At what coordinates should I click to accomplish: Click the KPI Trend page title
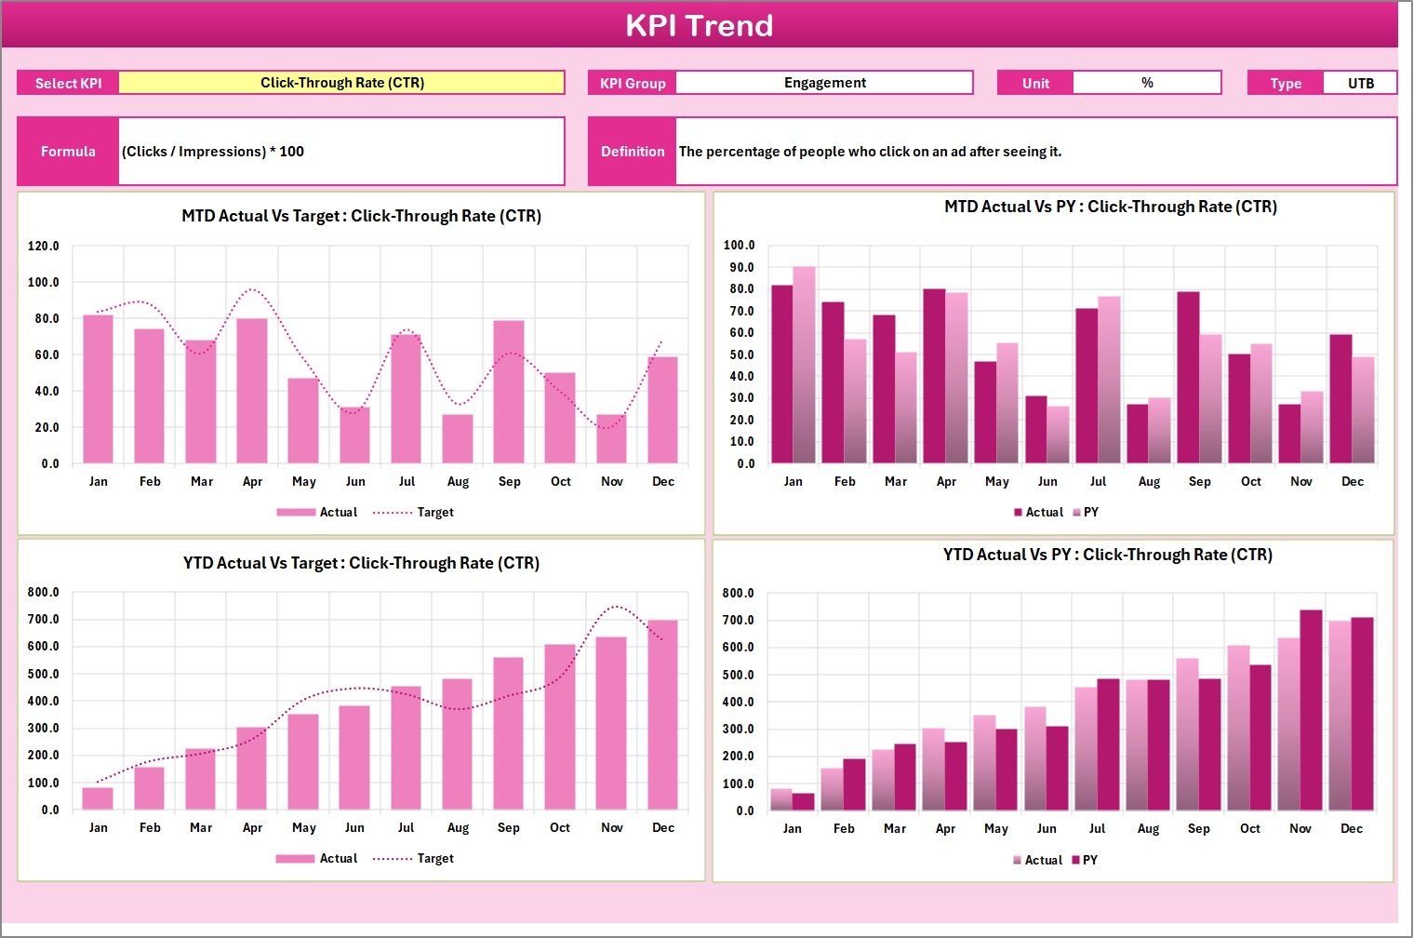(699, 25)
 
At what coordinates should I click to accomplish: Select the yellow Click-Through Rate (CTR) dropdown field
(341, 83)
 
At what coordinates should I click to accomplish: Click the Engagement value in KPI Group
(824, 83)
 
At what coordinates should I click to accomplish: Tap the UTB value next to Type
(1360, 83)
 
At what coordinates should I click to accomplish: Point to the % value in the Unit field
(1147, 83)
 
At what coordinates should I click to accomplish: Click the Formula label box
(68, 151)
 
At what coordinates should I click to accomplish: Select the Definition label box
(633, 151)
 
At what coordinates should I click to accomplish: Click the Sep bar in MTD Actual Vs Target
(509, 392)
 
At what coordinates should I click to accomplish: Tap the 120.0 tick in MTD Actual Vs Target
(44, 247)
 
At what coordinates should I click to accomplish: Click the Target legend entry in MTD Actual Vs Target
(414, 512)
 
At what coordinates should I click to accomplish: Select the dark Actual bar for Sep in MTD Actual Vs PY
(1188, 378)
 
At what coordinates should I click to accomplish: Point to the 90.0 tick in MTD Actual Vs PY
(740, 267)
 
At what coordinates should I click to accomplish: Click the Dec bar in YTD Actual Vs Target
(662, 715)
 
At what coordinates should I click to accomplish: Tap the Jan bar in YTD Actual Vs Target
(98, 798)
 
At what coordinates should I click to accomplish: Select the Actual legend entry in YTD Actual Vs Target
(317, 858)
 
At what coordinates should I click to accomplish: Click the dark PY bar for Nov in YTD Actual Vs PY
(1311, 710)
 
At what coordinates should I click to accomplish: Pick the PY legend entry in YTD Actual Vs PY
(1085, 860)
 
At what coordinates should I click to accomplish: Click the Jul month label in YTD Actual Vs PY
(1098, 828)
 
